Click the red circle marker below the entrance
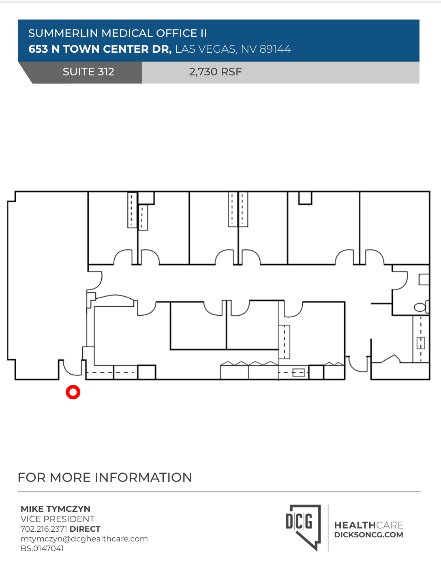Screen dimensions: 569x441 tap(73, 392)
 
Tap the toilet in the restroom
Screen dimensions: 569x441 tap(420, 307)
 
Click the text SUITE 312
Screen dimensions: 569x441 tap(88, 72)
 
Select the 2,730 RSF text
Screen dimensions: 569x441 tap(215, 72)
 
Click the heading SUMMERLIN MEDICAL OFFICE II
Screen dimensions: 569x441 tap(118, 33)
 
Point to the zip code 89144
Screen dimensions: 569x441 tap(275, 49)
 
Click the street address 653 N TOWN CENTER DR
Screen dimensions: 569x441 tap(100, 49)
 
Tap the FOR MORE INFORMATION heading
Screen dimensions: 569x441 tap(105, 477)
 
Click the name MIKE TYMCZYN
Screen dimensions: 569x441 tap(56, 509)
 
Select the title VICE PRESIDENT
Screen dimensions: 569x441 tap(58, 519)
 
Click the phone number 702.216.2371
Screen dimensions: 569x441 tap(44, 529)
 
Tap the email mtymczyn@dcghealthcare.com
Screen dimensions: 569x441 tap(84, 539)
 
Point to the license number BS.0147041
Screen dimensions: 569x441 tap(42, 548)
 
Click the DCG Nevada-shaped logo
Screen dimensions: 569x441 tap(303, 526)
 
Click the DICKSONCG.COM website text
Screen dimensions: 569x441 tap(368, 535)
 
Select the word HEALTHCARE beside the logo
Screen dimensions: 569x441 tap(368, 525)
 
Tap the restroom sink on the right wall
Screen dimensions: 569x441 tap(424, 279)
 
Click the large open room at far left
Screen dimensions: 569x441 tap(47, 284)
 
